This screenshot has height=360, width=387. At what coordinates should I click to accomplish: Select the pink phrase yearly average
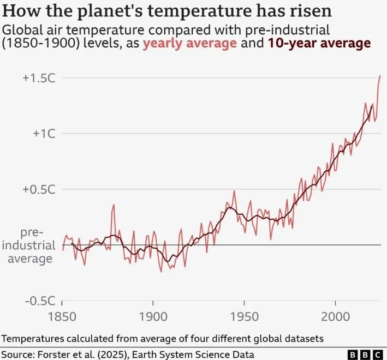pos(189,44)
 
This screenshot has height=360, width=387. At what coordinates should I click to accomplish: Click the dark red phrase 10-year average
pos(319,44)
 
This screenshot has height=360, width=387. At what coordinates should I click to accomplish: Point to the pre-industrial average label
pos(32,245)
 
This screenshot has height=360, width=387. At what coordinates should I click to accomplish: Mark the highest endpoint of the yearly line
pos(380,76)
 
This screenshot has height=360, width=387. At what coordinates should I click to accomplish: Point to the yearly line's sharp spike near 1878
pos(114,205)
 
